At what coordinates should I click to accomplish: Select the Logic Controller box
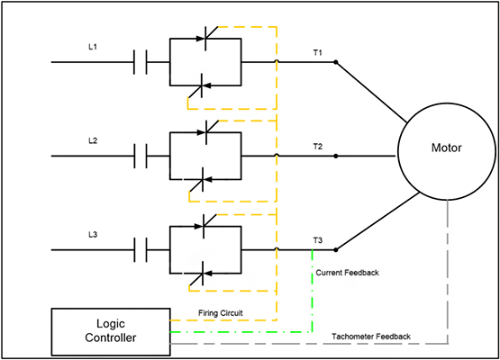[x=109, y=329]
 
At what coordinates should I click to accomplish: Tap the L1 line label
[x=94, y=47]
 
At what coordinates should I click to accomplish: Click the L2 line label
[x=94, y=141]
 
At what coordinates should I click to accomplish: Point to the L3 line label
[x=94, y=235]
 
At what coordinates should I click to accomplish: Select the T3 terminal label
[x=317, y=240]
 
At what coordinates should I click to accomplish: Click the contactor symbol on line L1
[x=140, y=62]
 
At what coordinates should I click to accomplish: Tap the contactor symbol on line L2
[x=140, y=156]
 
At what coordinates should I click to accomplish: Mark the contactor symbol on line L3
[x=140, y=249]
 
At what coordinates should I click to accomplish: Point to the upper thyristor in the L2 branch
[x=205, y=132]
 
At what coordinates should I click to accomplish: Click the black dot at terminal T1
[x=336, y=62]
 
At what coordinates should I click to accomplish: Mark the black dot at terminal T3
[x=336, y=249]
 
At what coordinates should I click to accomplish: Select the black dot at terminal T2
[x=336, y=156]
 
